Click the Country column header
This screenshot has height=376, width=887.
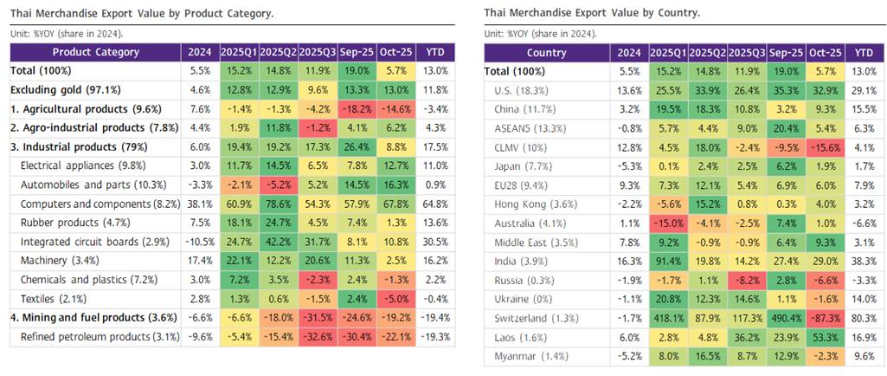[x=546, y=52]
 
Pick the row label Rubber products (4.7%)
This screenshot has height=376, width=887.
[x=63, y=222]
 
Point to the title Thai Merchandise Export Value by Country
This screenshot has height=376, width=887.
[x=592, y=12]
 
